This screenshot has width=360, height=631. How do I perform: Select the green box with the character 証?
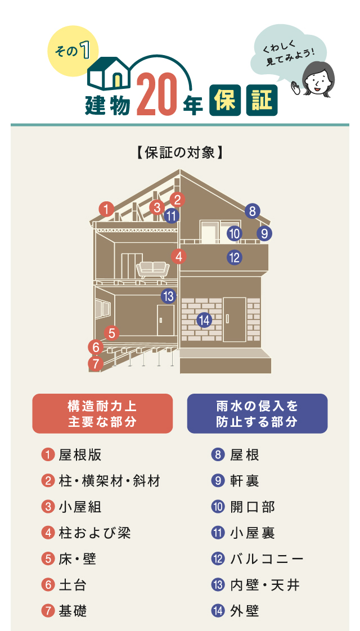point(261,101)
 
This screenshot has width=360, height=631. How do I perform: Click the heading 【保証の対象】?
point(180,152)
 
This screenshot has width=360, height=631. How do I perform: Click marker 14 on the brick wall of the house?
point(204,320)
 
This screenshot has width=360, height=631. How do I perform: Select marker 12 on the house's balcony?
point(235,258)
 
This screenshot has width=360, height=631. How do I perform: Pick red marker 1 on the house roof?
point(106,209)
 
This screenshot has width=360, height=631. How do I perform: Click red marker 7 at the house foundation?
point(96,364)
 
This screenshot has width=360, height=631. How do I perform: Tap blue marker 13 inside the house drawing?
point(168,296)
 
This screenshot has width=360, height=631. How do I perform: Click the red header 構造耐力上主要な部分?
point(102,413)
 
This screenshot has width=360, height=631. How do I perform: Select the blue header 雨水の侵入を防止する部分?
point(256,413)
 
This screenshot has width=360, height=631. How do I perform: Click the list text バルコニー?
point(267,559)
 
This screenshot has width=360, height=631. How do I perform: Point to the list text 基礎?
point(73,611)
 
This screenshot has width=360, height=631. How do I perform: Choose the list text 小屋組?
point(80,507)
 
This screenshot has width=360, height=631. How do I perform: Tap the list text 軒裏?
point(245,481)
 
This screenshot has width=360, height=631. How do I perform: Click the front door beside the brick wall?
point(235,319)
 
